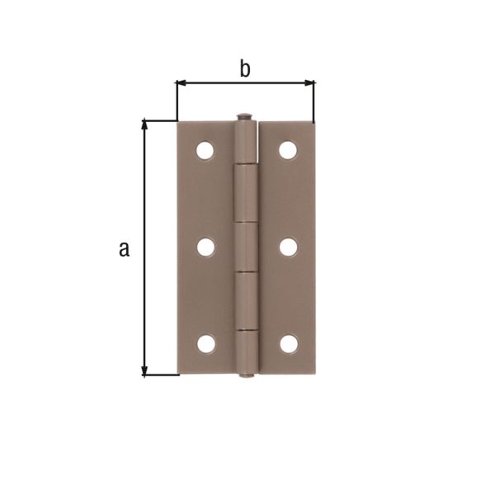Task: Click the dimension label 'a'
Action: [x=124, y=248]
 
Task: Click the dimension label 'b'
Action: [x=245, y=69]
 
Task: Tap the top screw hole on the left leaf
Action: [x=205, y=150]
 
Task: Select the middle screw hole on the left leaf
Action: [x=205, y=247]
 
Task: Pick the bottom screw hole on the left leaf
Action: [x=205, y=342]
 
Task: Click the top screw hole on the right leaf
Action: [x=288, y=150]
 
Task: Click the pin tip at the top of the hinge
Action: [x=244, y=117]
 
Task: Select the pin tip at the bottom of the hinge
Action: [x=246, y=377]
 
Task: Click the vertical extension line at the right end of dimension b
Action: [x=314, y=103]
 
